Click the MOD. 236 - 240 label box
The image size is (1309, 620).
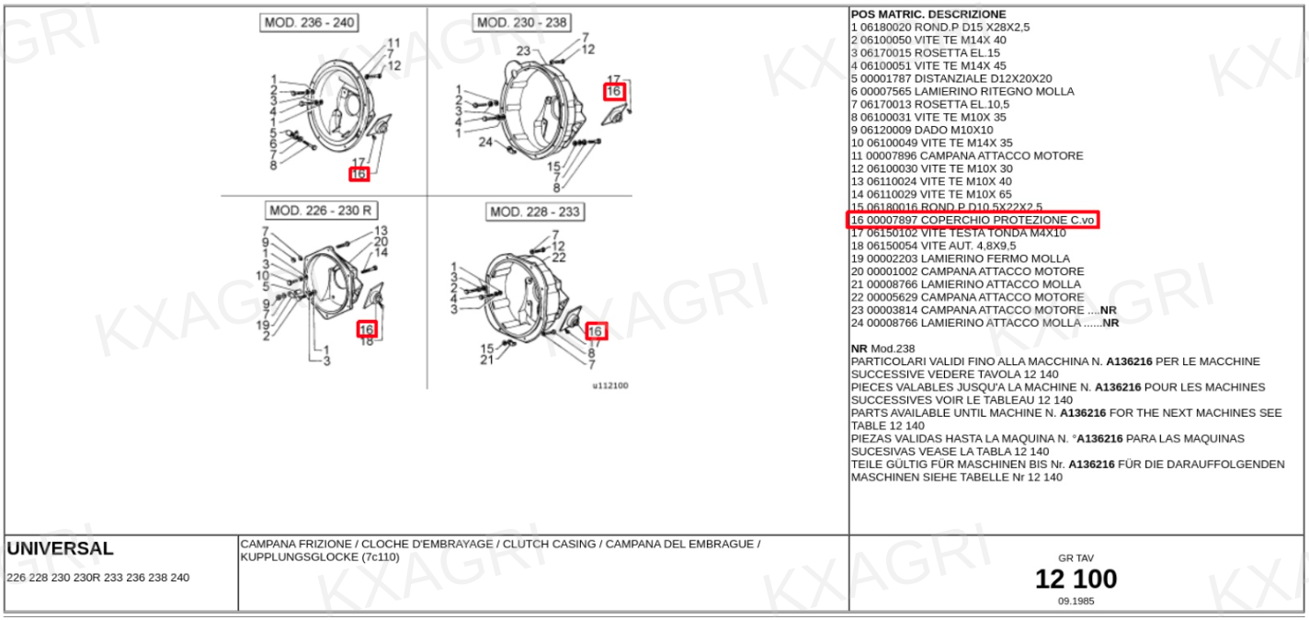click(x=309, y=23)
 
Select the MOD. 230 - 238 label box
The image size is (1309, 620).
click(x=522, y=23)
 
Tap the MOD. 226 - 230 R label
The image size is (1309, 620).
click(x=321, y=211)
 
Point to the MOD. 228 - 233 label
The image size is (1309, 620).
click(x=535, y=212)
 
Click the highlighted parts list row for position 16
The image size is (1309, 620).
click(x=973, y=220)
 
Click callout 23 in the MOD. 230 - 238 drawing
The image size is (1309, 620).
click(x=523, y=51)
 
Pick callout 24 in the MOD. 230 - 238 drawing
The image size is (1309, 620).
click(x=485, y=142)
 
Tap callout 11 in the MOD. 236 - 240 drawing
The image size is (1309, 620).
click(x=393, y=42)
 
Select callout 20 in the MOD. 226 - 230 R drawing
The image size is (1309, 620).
click(x=381, y=242)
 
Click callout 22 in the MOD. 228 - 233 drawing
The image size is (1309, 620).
click(x=559, y=258)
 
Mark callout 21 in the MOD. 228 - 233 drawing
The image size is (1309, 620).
click(x=487, y=361)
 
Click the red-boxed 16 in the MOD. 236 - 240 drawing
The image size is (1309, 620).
click(x=359, y=174)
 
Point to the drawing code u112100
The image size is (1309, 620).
click(x=610, y=385)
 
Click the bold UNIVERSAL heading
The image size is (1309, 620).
click(x=60, y=548)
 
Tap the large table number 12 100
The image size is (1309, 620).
click(x=1076, y=579)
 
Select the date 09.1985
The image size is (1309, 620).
click(x=1076, y=601)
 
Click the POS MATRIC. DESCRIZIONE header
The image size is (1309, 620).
click(x=928, y=15)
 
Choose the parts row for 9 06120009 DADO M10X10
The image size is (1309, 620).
click(x=922, y=130)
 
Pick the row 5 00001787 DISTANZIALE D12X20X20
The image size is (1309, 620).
click(x=951, y=78)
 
